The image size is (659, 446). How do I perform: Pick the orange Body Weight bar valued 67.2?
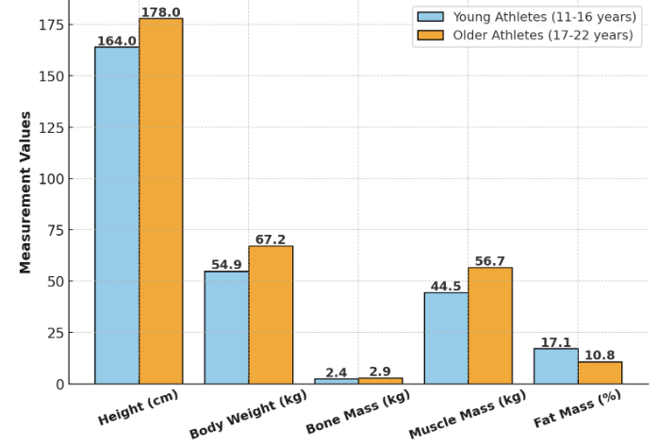[x=271, y=315]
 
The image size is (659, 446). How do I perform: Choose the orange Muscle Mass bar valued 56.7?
[x=490, y=325]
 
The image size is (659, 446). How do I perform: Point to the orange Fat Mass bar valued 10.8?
[x=601, y=372]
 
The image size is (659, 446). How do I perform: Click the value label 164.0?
[x=117, y=41]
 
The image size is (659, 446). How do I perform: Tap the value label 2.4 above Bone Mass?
[x=337, y=372]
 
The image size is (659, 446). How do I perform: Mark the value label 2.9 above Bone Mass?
[x=381, y=372]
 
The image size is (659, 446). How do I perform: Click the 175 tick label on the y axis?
[x=51, y=25]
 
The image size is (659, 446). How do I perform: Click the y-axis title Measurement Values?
[x=25, y=192]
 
